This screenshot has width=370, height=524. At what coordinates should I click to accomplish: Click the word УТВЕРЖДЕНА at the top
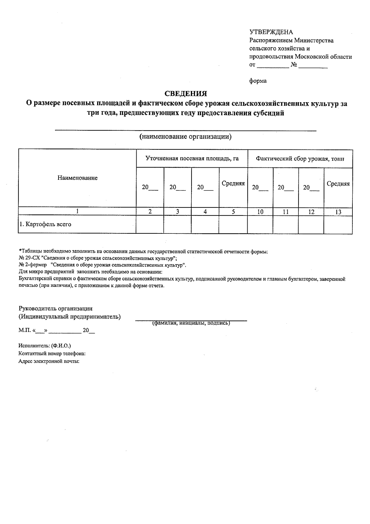point(271,32)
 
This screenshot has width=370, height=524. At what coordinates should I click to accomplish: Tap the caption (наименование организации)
point(185,137)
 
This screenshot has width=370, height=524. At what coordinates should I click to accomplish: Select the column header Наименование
point(77,178)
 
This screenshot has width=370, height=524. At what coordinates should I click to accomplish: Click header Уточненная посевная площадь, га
point(192,159)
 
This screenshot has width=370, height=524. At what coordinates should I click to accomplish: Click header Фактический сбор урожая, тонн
point(300,159)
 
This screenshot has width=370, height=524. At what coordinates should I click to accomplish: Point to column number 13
point(338,212)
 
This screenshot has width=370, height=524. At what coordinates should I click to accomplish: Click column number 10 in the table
point(260,212)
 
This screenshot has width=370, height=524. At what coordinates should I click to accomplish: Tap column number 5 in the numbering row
point(233,212)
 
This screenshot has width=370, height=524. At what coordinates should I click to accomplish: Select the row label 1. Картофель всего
point(45,224)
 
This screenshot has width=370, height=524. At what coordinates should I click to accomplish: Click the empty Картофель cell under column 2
point(150,224)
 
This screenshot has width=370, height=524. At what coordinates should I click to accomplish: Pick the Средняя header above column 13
point(338,184)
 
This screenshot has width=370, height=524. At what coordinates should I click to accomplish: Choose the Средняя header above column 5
point(233,183)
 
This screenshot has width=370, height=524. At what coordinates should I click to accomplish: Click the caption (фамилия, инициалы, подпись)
point(191,323)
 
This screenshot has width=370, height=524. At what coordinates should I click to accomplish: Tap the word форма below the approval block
point(258,81)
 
